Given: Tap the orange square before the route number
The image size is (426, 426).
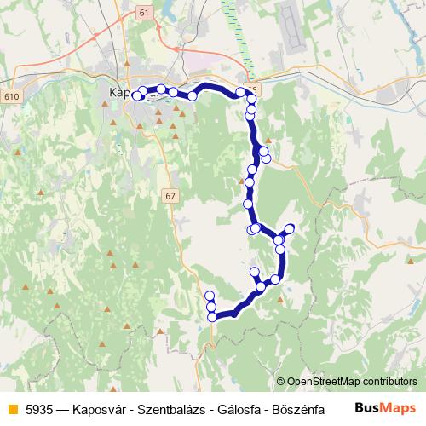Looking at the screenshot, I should [x=12, y=408].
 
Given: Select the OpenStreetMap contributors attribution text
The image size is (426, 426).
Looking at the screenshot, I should [x=352, y=383].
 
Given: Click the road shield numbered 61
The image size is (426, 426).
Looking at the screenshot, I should [x=141, y=13].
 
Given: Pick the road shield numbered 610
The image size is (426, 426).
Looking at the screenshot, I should [x=12, y=96].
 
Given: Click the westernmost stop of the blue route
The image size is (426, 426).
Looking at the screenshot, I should [x=135, y=95].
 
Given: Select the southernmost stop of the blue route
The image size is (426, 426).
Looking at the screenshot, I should [x=211, y=317].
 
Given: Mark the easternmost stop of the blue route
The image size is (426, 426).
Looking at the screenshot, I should [x=290, y=227].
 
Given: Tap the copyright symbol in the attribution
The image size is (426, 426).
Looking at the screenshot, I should [x=281, y=383].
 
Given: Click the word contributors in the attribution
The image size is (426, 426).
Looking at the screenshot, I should [x=388, y=383].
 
